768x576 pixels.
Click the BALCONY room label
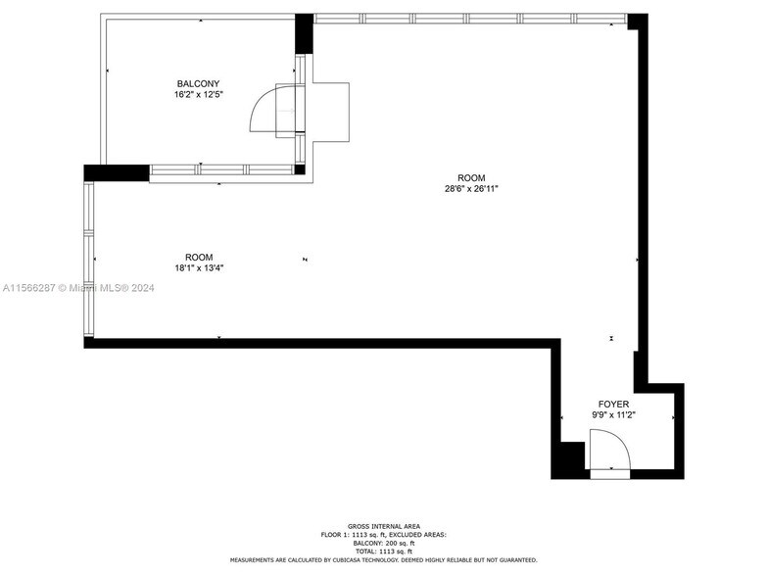[198, 83]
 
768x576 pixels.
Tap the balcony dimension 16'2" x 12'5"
[198, 95]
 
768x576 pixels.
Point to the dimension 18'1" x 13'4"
[199, 268]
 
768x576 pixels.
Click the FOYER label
[613, 404]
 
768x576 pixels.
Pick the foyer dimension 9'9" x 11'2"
[613, 415]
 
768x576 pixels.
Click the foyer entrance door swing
[607, 453]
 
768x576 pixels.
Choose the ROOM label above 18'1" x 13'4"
[199, 257]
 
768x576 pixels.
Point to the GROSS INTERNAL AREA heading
[383, 526]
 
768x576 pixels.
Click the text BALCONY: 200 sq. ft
[383, 543]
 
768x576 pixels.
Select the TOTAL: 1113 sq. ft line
[383, 552]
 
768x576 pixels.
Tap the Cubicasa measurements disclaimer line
[383, 560]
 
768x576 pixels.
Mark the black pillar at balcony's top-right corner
[304, 32]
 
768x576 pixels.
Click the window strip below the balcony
[222, 170]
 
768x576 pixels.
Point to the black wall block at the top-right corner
[638, 21]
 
